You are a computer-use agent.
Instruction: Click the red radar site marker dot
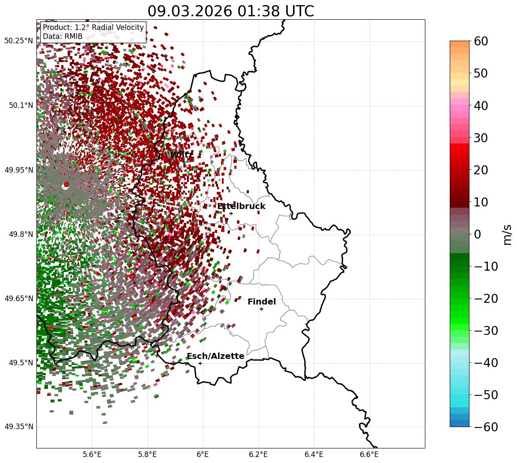coord(66,185)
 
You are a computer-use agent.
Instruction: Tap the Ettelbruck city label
coord(241,206)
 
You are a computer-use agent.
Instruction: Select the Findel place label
coord(262,302)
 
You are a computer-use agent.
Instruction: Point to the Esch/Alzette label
coord(215,356)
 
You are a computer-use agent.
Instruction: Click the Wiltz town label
coord(182,155)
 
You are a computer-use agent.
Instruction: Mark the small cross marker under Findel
coord(261,309)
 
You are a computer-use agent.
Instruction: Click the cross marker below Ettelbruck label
coord(231,213)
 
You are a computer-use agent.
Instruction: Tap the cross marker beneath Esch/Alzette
coord(200,363)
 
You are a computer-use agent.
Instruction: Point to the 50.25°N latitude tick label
coord(18,41)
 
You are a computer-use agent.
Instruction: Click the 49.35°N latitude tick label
coord(18,427)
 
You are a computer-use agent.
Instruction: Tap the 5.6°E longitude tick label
coord(92,454)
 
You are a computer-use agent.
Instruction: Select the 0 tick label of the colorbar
coord(477,234)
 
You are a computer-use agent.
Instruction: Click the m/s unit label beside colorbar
coord(507,234)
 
